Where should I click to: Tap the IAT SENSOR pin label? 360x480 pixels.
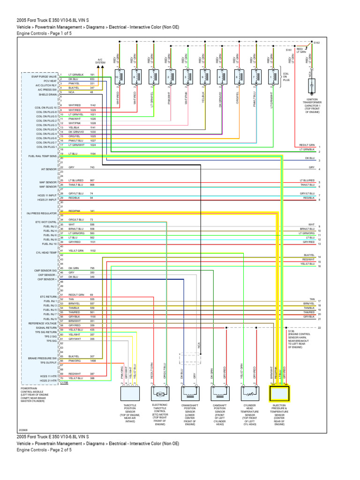tap(50, 168)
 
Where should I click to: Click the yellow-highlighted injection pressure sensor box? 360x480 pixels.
tap(279, 393)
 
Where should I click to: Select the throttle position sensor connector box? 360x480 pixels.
tap(128, 393)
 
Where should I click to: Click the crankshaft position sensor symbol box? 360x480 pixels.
tap(189, 393)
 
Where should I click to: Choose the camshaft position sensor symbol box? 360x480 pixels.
tap(219, 393)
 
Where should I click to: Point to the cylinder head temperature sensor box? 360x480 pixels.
tap(249, 393)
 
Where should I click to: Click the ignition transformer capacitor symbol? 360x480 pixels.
tap(310, 86)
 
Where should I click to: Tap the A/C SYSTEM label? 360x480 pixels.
tap(100, 60)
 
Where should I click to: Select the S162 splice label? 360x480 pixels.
tap(316, 42)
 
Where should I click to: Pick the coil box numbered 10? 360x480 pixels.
tap(120, 77)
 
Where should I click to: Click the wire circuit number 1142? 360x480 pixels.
tap(92, 105)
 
